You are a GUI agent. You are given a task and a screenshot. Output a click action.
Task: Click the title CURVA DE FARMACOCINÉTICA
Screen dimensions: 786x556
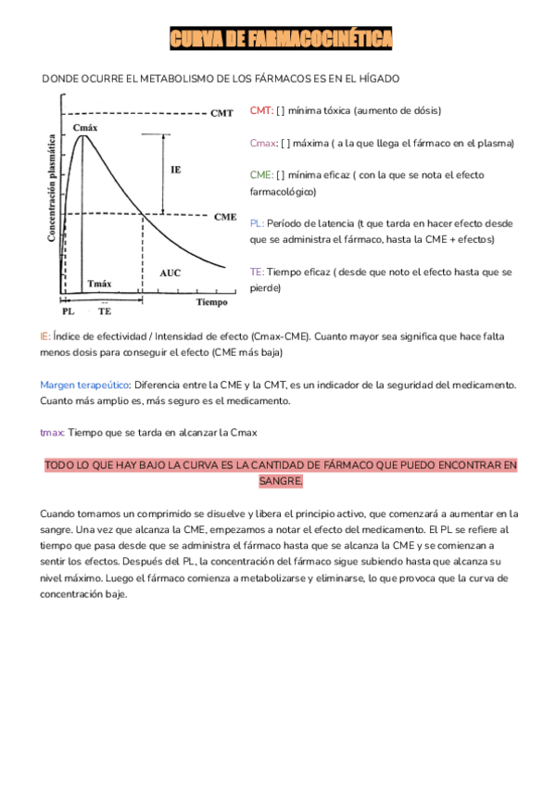pos(281,38)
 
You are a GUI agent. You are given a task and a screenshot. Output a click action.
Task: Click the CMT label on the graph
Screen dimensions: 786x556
pos(222,113)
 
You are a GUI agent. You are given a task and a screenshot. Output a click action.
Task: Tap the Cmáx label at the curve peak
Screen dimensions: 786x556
pos(85,126)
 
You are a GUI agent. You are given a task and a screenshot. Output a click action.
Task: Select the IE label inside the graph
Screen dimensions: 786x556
pos(176,171)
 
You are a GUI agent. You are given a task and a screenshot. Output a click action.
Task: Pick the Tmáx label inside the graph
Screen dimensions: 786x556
pos(99,283)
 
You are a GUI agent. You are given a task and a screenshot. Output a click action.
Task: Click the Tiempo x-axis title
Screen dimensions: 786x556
pos(211,302)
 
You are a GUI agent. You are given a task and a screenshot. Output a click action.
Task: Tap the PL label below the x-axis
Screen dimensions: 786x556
pos(68,312)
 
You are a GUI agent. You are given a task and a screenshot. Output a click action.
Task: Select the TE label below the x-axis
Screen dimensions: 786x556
pos(105,312)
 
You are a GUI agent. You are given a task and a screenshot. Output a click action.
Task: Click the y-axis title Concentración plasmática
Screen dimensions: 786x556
pos(52,192)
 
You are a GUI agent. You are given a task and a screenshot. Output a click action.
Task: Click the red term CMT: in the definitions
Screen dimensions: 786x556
pos(261,110)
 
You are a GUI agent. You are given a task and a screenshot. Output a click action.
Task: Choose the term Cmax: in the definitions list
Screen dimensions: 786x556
pos(263,144)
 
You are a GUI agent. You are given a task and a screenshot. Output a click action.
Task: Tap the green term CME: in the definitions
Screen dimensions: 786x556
pos(261,175)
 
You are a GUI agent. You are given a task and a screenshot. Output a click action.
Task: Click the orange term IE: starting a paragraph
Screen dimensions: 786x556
pos(44,336)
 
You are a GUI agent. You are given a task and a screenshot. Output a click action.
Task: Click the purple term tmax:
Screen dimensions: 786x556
pos(52,433)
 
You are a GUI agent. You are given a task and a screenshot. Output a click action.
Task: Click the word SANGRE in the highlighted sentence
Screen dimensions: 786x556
pos(281,482)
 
